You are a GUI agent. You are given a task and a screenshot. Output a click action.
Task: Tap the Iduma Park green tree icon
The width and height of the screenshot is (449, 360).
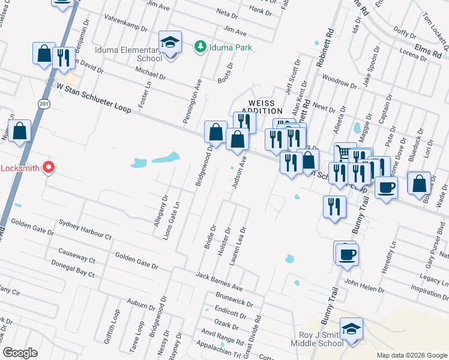[200, 47]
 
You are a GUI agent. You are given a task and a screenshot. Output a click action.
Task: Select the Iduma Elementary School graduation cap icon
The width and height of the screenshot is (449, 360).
[170, 42]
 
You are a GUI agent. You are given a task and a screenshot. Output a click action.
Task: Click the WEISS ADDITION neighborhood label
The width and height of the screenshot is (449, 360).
[262, 107]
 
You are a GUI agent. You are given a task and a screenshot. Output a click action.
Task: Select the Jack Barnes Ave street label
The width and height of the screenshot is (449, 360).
[219, 280]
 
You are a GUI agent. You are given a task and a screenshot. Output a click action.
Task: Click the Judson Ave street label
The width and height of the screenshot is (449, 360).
[239, 173]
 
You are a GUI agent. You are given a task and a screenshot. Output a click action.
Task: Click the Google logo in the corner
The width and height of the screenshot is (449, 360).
[20, 353]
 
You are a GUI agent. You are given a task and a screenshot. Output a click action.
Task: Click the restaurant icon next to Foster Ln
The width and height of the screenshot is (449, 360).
[63, 58]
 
